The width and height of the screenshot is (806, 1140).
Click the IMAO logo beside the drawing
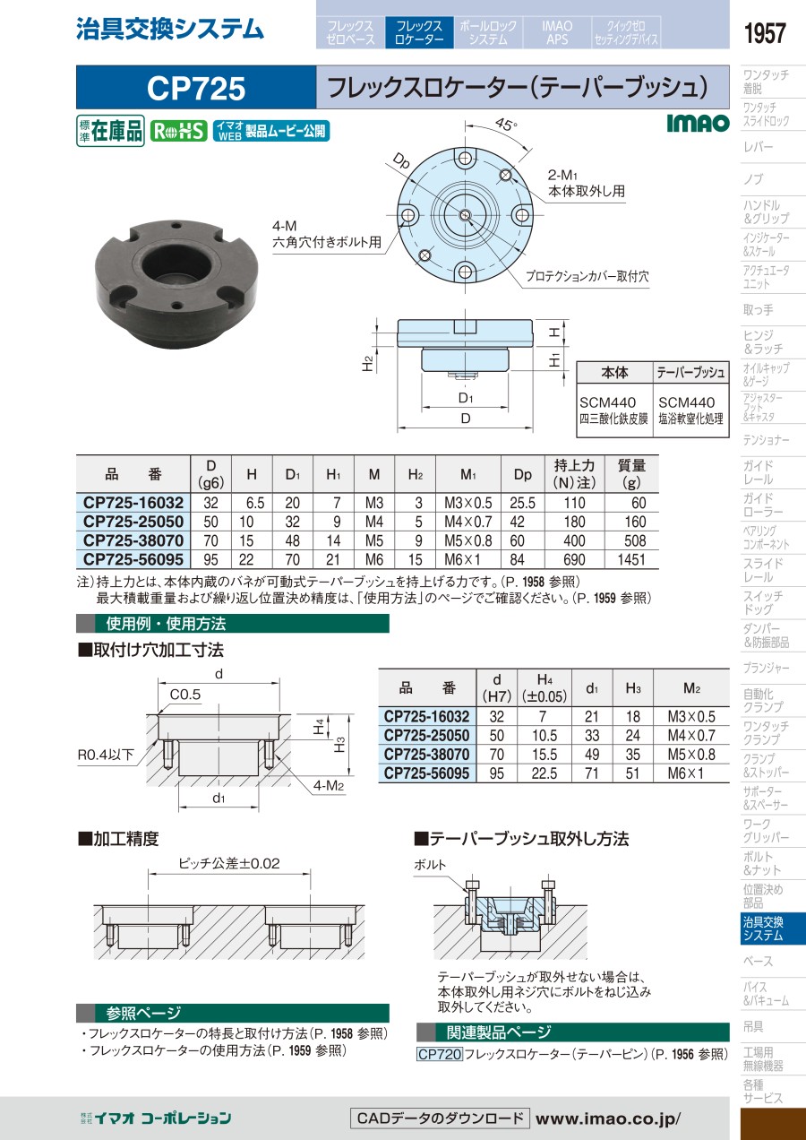point(699,123)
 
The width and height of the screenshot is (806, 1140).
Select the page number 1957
point(765,33)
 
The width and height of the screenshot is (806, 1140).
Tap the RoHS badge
point(178,131)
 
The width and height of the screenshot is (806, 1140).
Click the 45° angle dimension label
point(506,124)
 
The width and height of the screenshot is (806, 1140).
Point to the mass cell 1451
point(631,560)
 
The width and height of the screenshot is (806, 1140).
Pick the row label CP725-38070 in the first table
point(133,540)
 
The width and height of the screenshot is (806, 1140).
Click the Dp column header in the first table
point(523,474)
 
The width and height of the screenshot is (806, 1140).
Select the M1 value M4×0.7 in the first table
point(467,522)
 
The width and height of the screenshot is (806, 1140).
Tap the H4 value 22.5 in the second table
point(544,773)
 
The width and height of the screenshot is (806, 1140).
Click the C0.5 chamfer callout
point(185,695)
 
